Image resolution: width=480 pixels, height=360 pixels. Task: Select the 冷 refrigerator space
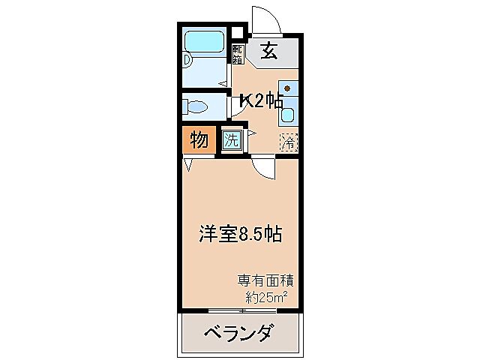[x=288, y=140]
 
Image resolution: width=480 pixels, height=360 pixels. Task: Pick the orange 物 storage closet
[x=198, y=139]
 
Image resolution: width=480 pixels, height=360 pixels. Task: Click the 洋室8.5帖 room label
[x=239, y=234]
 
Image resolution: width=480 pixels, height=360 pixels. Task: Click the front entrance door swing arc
[x=265, y=19]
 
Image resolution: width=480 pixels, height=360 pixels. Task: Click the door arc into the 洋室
[x=262, y=170]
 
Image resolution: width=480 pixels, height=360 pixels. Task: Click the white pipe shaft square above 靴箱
[x=238, y=32]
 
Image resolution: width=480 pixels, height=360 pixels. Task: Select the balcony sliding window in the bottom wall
[x=239, y=310]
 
